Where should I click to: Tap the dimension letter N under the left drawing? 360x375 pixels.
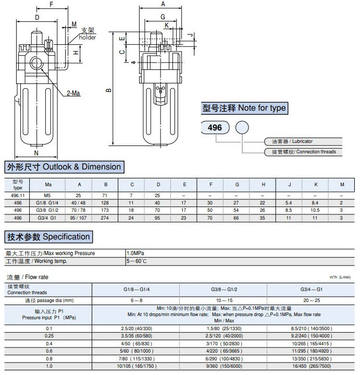pyautogui.click(x=36, y=153)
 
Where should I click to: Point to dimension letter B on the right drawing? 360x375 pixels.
pyautogui.click(x=108, y=90)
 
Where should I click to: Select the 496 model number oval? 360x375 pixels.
pyautogui.click(x=215, y=127)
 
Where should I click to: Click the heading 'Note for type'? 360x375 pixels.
pyautogui.click(x=244, y=108)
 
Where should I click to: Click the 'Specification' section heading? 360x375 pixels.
pyautogui.click(x=48, y=237)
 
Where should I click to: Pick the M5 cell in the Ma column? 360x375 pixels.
pyautogui.click(x=48, y=194)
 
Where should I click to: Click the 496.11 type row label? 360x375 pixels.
pyautogui.click(x=18, y=194)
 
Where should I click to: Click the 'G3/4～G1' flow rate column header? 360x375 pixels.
pyautogui.click(x=312, y=288)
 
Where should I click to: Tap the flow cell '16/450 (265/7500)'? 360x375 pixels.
pyautogui.click(x=312, y=366)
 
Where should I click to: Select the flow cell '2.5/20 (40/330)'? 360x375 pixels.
pyautogui.click(x=136, y=328)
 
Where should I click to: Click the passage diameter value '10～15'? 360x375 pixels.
pyautogui.click(x=224, y=300)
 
